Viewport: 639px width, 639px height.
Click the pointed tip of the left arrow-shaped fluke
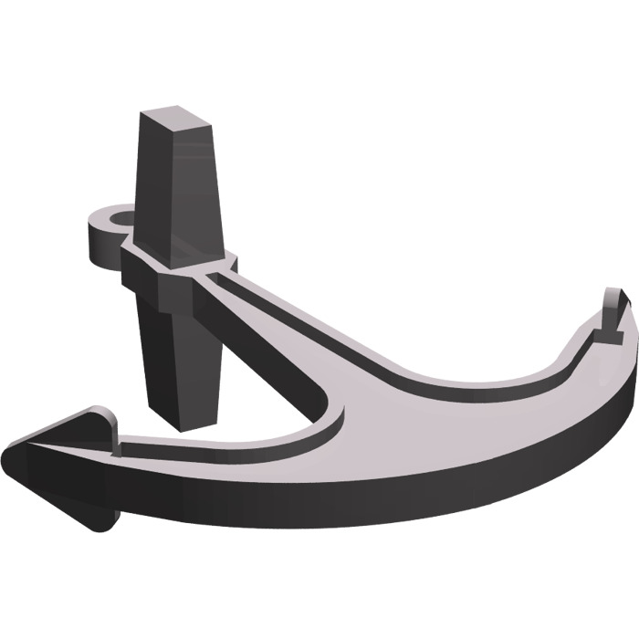pyautogui.click(x=9, y=461)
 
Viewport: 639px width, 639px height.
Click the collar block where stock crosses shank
pyautogui.click(x=173, y=274)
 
